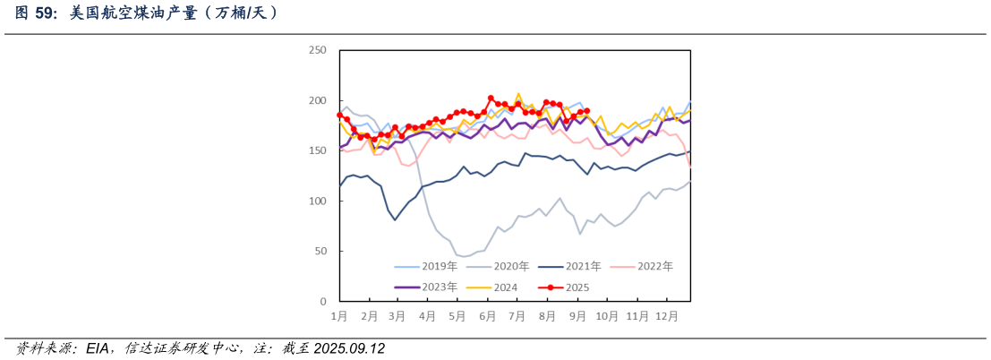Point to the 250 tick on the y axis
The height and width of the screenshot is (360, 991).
317,50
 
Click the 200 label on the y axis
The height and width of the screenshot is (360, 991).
317,100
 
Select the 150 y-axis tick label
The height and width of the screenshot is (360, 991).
317,150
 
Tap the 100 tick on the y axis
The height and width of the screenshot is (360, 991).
317,201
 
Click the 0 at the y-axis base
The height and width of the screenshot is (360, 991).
322,302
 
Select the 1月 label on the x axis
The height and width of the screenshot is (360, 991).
339,316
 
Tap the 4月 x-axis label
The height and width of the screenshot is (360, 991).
427,316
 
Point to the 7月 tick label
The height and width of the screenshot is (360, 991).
517,316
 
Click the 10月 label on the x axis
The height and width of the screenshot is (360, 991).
606,316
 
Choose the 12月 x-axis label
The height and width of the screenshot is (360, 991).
665,316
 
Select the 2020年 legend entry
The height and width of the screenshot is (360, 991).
511,266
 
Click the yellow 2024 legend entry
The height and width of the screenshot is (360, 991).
507,287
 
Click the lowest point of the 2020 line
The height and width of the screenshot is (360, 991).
464,257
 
